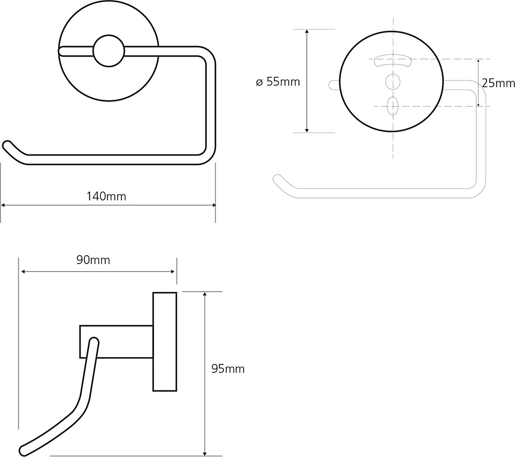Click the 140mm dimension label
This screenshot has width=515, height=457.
106,196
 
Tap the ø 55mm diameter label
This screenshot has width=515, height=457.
278,82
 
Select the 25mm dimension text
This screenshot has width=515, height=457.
498,83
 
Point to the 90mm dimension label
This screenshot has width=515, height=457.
93,260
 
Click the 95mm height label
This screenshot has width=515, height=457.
228,369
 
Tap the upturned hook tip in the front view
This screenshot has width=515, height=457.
8,145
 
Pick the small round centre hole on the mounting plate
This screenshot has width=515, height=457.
393,82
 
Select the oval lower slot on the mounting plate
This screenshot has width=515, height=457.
393,105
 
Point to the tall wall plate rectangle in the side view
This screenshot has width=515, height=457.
165,341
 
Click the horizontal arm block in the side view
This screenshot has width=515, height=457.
116,341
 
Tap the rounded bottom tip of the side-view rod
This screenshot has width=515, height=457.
24,449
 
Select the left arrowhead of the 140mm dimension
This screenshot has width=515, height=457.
3,206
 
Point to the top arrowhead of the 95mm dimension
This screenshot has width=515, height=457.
205,294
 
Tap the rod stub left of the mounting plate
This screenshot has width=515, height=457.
334,84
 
